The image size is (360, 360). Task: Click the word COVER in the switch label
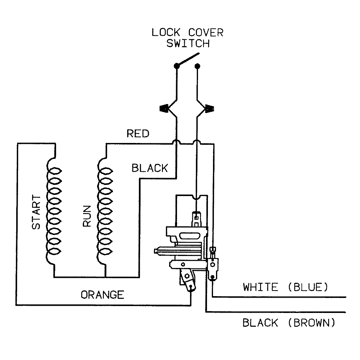(206, 32)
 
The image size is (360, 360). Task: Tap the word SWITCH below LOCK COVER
(188, 43)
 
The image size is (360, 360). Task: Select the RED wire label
(138, 133)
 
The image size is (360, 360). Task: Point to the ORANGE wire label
(102, 295)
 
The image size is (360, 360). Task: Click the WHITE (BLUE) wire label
(286, 287)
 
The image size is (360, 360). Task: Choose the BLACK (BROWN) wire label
(289, 323)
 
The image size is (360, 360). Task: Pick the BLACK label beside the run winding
(150, 168)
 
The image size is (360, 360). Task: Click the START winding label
(36, 212)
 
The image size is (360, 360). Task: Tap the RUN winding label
(87, 216)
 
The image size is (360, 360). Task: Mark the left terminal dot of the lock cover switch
(177, 65)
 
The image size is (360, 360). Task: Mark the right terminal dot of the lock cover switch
(197, 65)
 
